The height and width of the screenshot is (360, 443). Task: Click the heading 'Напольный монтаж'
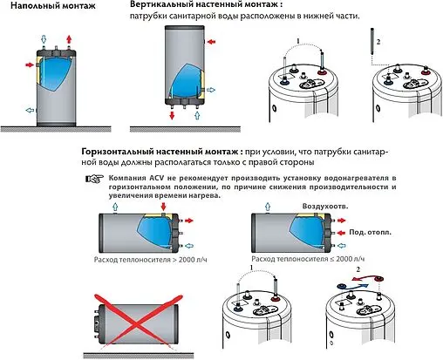point(53,6)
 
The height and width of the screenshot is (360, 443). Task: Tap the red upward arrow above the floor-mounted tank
point(69,39)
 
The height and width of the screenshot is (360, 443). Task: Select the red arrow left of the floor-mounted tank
point(30,65)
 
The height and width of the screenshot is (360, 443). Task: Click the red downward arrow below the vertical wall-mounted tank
point(172,115)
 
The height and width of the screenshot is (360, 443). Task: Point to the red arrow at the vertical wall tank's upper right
point(212,42)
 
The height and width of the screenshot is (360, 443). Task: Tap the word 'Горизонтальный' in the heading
point(118,152)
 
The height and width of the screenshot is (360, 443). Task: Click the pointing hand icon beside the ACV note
point(94,179)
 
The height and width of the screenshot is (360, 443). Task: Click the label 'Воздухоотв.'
point(325,206)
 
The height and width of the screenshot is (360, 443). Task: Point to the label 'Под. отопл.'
point(370,233)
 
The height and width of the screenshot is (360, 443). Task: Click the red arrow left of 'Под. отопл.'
point(340,233)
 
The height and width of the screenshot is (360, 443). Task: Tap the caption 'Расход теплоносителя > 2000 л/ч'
point(151,260)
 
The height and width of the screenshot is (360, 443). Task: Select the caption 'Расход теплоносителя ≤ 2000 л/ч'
point(308,259)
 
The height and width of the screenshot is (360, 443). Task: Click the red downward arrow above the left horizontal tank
point(163,207)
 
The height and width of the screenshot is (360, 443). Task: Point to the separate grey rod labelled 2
point(372,41)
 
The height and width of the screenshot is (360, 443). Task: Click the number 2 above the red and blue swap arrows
point(358,269)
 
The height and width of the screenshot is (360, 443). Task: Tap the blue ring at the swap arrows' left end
point(342,286)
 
